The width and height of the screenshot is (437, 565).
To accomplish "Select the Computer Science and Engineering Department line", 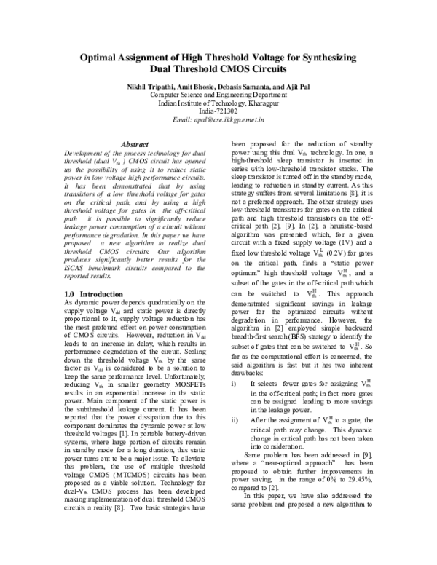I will point(219,95).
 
